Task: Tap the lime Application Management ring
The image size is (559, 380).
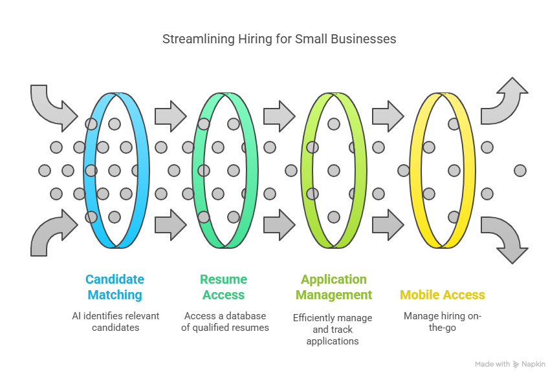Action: point(360,171)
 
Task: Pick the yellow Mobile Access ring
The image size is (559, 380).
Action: point(469,171)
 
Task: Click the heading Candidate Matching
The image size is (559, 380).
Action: point(115,287)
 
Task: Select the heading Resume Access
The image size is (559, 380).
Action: point(223,287)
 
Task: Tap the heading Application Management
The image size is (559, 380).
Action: point(334,287)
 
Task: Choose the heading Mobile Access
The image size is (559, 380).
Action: point(443,295)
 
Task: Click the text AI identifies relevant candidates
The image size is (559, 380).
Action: point(116,322)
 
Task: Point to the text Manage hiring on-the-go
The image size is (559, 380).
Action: point(443,322)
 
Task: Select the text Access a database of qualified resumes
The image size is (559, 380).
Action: point(225,322)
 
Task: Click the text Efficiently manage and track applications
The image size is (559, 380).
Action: point(333,330)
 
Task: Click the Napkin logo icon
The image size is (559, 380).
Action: point(516,364)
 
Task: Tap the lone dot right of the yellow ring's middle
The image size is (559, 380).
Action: point(520,171)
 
